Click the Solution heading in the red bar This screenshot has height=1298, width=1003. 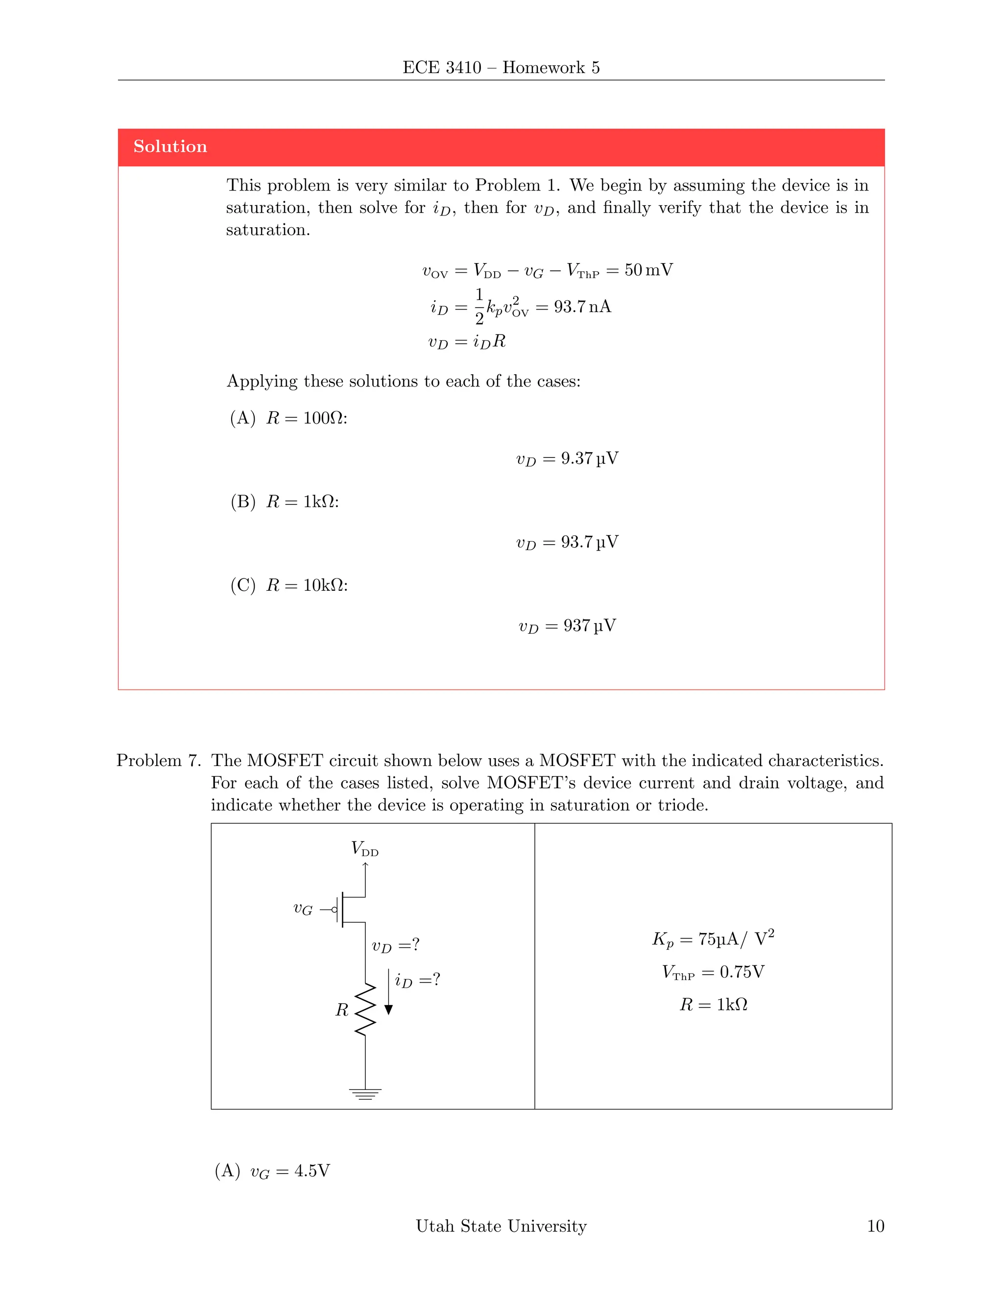pos(170,147)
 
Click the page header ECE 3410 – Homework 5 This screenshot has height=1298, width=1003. pos(501,68)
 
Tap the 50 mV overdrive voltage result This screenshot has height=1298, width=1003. pos(648,270)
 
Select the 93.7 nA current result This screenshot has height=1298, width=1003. pos(582,307)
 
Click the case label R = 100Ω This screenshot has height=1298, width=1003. pos(306,418)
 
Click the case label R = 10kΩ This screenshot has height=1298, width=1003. pos(307,585)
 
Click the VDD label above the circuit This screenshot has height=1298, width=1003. pos(364,849)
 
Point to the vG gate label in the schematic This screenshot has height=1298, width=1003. pos(303,909)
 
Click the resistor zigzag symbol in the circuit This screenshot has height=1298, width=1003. pos(365,1009)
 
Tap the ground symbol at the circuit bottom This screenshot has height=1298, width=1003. pos(365,1094)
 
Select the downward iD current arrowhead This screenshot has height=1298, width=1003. pos(388,1009)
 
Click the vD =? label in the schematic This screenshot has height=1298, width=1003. pos(395,945)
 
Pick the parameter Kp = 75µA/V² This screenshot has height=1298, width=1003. pos(713,939)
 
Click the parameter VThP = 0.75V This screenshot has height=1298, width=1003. pos(713,972)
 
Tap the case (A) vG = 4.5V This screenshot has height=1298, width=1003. pos(272,1172)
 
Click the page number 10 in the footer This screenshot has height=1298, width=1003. pos(875,1226)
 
